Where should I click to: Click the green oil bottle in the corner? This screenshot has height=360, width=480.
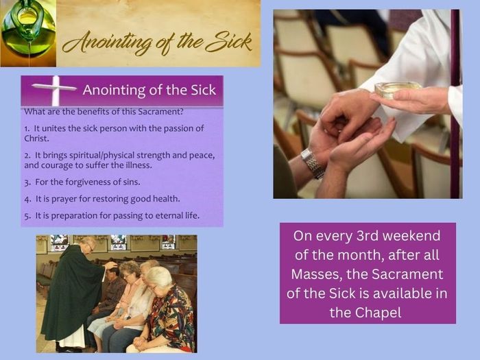[x=27, y=31]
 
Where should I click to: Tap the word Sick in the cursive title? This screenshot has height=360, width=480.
[x=228, y=43]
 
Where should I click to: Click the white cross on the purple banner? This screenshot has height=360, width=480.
[x=55, y=91]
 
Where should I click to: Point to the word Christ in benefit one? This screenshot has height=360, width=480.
[x=36, y=139]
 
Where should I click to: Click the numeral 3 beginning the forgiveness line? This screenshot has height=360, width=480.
[x=27, y=183]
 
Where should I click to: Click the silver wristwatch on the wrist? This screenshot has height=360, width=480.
[x=312, y=163]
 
